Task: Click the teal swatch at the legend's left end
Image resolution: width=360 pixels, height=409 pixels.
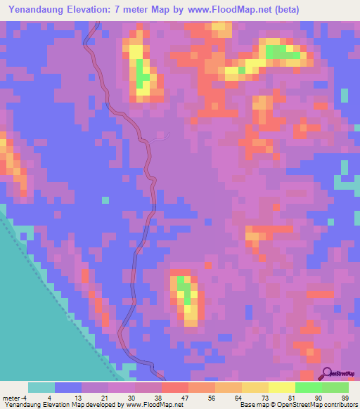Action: (41, 387)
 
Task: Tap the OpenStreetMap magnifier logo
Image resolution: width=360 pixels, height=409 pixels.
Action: (327, 374)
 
